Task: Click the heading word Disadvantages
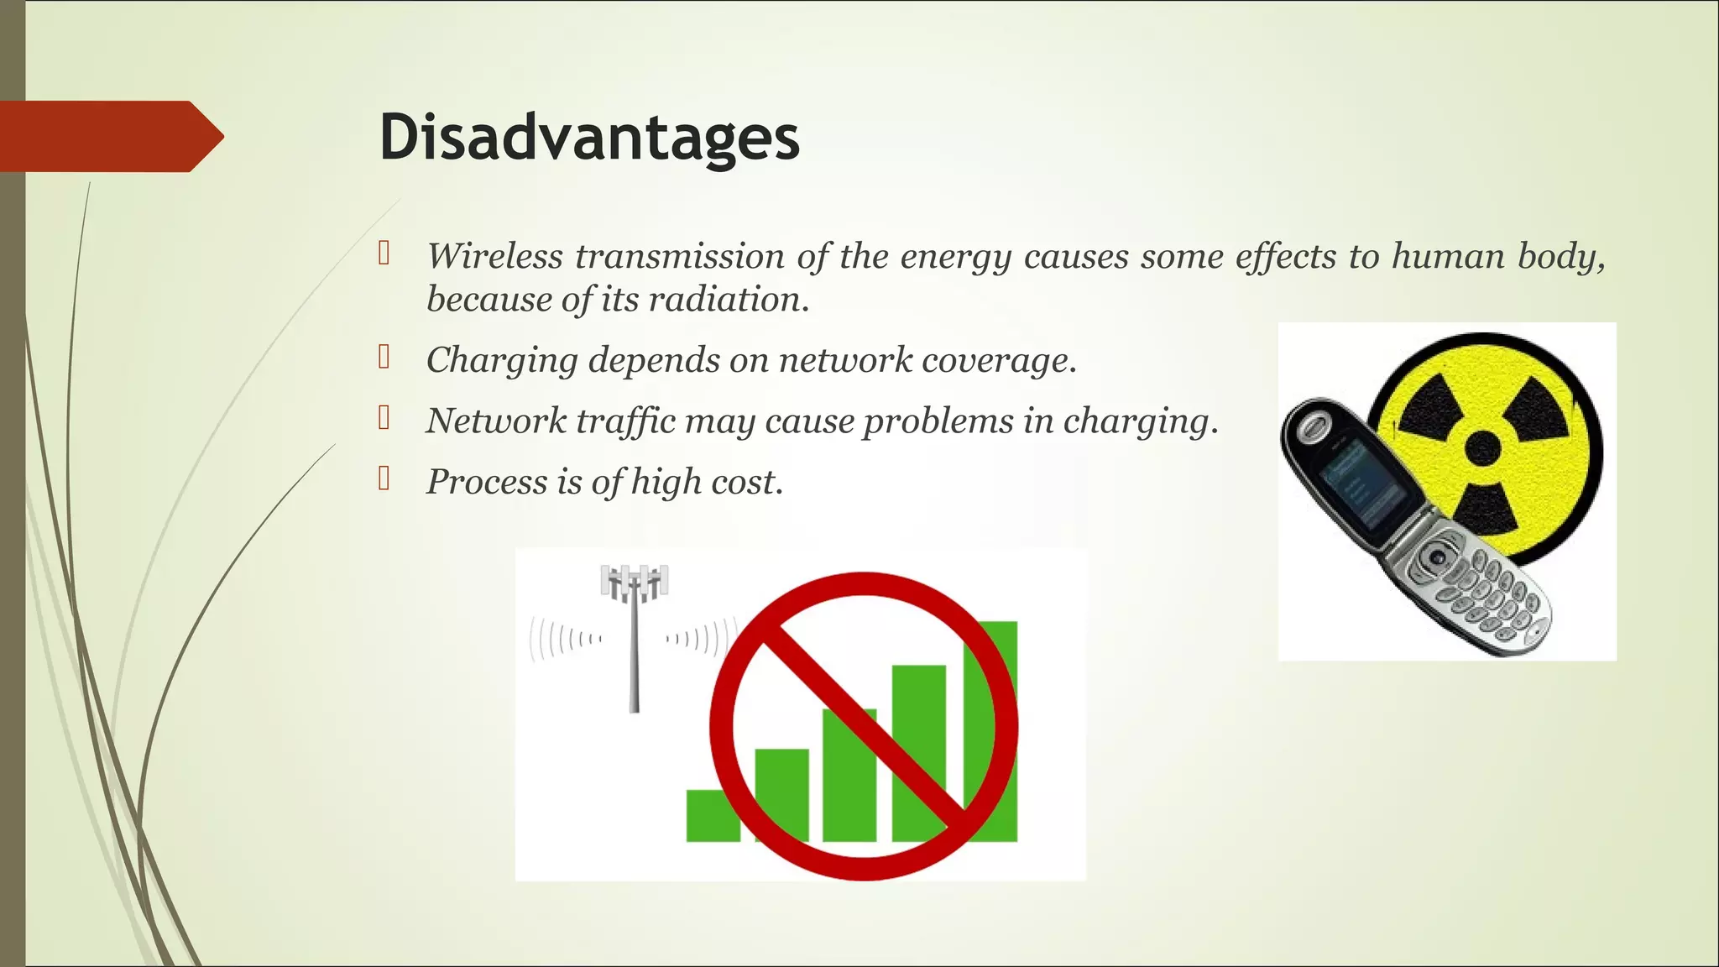tap(589, 137)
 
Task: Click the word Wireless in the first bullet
tap(494, 256)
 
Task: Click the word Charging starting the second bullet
tap(501, 361)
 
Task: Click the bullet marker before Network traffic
tap(384, 418)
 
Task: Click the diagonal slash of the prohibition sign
tap(864, 727)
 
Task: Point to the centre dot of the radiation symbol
tap(1482, 448)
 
